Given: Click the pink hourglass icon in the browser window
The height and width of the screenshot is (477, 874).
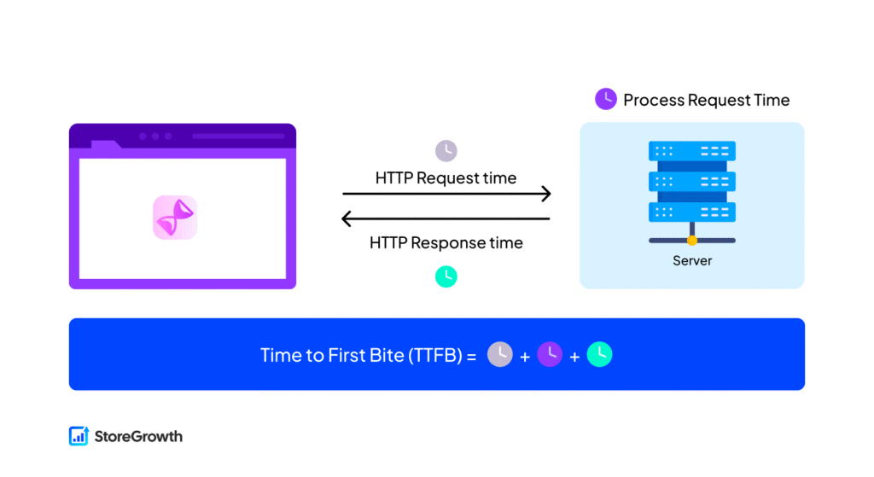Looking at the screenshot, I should coord(175,217).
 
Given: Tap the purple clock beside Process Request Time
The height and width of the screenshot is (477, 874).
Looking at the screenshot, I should coord(606,99).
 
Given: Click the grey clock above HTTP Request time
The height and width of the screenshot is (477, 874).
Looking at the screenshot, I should coord(446,151).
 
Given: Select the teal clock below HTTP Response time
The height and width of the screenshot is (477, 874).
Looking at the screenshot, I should coord(446,276).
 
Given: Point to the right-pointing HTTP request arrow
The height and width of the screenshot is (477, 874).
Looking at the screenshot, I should coord(446,195).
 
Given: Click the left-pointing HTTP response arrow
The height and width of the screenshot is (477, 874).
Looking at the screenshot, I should coord(446,219).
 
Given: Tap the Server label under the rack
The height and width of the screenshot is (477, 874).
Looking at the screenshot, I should coord(692,260).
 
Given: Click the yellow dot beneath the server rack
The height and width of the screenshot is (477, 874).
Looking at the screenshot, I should coord(692,241).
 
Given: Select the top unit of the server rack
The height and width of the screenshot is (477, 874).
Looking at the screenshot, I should coord(692,152).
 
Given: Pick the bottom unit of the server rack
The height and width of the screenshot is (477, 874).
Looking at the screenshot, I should coord(692,212).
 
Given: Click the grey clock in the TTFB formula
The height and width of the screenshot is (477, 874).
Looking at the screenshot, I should coord(500,354).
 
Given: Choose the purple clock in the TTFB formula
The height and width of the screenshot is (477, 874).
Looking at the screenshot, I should coord(550,354).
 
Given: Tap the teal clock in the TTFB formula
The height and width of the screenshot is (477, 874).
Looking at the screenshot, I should coord(599,354).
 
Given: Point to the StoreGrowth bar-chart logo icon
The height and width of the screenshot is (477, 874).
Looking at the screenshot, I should coord(79,436).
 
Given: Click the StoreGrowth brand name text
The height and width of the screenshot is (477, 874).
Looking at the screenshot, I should coord(138,436).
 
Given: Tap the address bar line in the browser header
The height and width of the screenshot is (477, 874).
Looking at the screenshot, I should coord(238,136).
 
